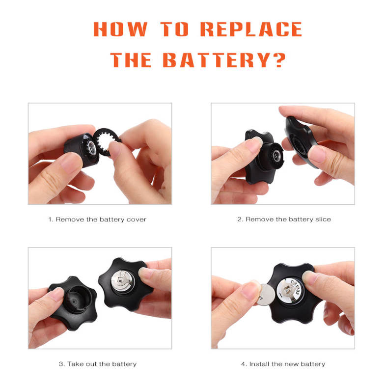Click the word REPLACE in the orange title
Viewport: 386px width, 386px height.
coord(251,29)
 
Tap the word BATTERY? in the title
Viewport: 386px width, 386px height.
coord(224,60)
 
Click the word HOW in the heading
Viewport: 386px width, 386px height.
coord(120,29)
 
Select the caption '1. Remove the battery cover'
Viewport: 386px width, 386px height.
coord(97,220)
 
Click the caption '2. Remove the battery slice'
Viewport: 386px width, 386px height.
coord(284,220)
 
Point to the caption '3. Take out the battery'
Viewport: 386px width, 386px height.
coord(98,364)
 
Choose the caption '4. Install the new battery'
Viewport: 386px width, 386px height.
coord(283,364)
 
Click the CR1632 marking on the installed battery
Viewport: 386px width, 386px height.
coord(295,287)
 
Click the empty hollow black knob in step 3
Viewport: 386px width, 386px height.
coord(73,303)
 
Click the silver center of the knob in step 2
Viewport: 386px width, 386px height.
coord(276,155)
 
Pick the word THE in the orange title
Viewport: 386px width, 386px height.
coord(131,60)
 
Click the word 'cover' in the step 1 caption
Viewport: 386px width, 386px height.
coord(136,220)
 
